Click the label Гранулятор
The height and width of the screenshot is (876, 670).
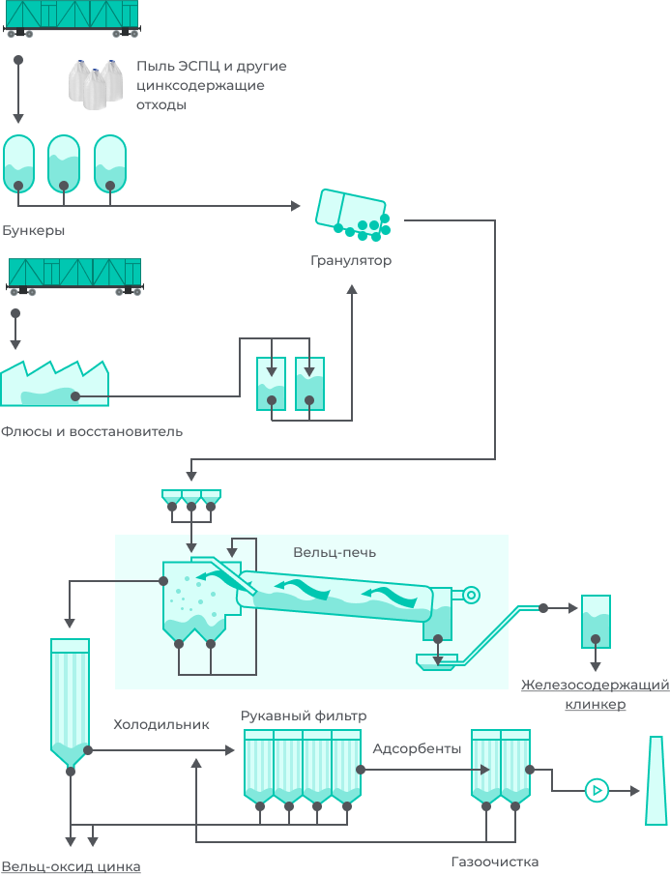pyautogui.click(x=351, y=261)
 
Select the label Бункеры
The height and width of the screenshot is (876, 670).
pyautogui.click(x=34, y=231)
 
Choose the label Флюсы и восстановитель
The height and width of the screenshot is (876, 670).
pyautogui.click(x=92, y=431)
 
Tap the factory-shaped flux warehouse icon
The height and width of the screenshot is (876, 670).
pyautogui.click(x=54, y=385)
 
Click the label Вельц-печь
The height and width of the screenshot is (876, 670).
pyautogui.click(x=335, y=553)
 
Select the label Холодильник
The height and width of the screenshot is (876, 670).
pyautogui.click(x=161, y=724)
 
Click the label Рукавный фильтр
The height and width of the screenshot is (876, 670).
pyautogui.click(x=304, y=716)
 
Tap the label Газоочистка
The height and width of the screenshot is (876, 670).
pyautogui.click(x=494, y=861)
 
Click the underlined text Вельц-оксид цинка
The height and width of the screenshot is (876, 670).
pyautogui.click(x=71, y=867)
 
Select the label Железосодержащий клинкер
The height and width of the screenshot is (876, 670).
pyautogui.click(x=595, y=694)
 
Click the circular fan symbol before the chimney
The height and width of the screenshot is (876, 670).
pyautogui.click(x=597, y=791)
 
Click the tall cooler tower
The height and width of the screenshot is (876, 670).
pyautogui.click(x=70, y=701)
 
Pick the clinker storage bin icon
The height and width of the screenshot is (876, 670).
pyautogui.click(x=595, y=622)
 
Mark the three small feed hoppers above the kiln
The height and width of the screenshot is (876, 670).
pyautogui.click(x=191, y=498)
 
